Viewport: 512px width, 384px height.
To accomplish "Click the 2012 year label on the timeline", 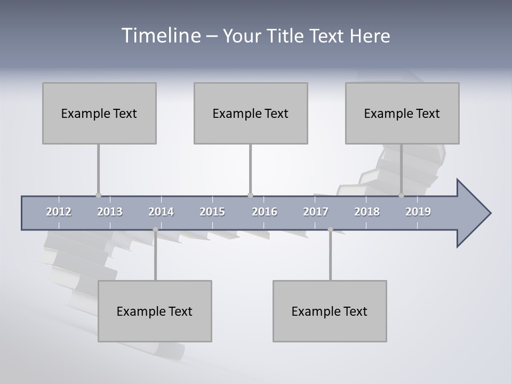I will (59, 212).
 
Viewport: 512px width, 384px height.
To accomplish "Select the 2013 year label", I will (110, 212).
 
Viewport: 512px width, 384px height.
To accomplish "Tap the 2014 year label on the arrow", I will (161, 212).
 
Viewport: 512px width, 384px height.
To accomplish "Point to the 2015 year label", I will (212, 212).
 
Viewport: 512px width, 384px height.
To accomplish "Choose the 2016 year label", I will (265, 212).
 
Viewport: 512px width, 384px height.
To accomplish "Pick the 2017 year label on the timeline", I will (316, 212).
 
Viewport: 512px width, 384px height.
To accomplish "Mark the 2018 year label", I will (367, 212).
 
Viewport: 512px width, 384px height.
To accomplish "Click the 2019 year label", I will (418, 212).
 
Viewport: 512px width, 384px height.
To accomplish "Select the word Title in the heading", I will (286, 36).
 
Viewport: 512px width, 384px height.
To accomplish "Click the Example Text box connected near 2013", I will (99, 113).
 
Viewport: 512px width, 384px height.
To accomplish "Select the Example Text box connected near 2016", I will (251, 113).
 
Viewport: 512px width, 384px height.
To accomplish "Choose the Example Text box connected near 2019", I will (402, 113).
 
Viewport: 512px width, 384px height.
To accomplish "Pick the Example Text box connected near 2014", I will (155, 311).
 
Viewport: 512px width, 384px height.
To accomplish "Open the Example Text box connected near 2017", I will (330, 311).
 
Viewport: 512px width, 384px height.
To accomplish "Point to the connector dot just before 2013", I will (98, 195).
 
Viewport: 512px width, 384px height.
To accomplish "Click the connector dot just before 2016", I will (250, 195).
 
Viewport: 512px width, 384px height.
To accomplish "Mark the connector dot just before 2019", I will (402, 195).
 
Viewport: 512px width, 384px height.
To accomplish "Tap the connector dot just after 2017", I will (330, 229).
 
